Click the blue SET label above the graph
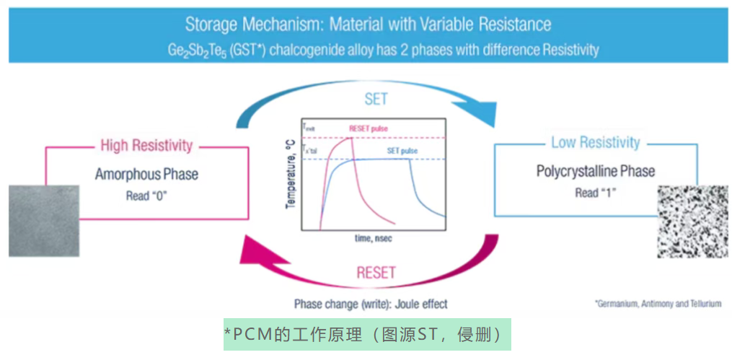click(376, 99)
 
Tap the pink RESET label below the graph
click(376, 273)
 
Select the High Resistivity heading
click(146, 146)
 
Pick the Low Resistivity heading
click(595, 142)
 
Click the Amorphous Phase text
click(146, 175)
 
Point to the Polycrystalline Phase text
click(596, 172)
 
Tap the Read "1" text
click(596, 193)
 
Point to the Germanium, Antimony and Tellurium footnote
click(658, 304)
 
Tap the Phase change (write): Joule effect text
click(371, 304)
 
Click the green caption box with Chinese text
click(367, 335)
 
